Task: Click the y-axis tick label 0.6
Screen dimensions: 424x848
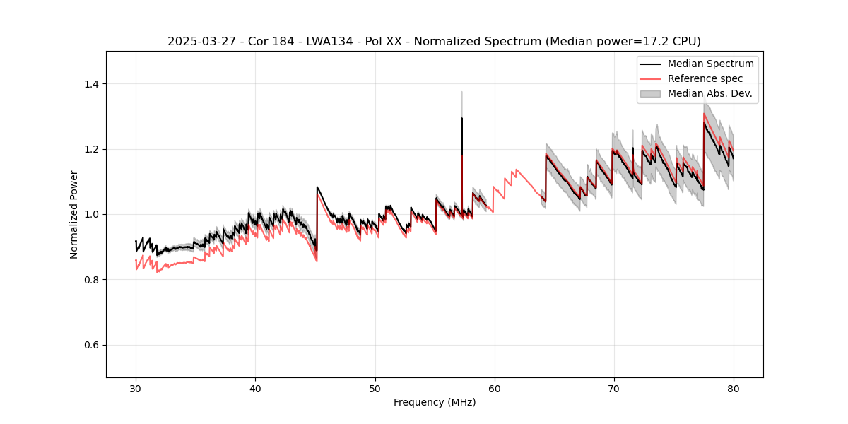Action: [x=91, y=345]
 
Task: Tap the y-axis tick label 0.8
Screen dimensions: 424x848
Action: [x=91, y=280]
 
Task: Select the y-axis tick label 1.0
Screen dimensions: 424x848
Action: [x=91, y=214]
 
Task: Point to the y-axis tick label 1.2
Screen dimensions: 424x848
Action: [x=91, y=149]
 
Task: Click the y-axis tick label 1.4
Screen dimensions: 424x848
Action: [x=91, y=84]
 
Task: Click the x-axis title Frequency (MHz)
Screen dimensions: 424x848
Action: [x=435, y=402]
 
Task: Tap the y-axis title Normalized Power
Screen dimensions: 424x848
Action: [x=73, y=214]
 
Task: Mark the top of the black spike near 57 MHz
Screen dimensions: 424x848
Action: [x=461, y=118]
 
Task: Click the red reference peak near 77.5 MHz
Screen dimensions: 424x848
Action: [x=704, y=113]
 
